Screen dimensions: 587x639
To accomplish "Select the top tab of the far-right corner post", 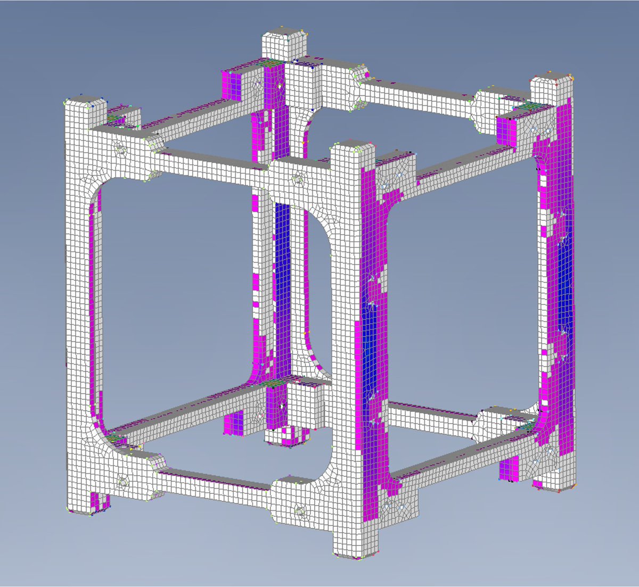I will [553, 88].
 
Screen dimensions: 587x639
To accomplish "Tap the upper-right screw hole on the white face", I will [296, 180].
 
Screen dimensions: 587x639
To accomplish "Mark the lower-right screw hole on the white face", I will [299, 512].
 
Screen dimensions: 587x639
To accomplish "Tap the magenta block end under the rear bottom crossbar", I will [234, 423].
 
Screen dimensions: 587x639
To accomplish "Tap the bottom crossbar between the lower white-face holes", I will [213, 482].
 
